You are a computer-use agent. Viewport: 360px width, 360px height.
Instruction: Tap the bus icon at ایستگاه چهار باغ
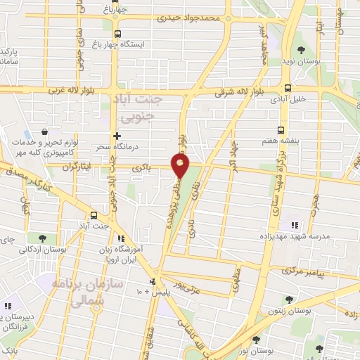(x=117, y=33)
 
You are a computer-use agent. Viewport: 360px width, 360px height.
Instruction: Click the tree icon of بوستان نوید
(x=302, y=49)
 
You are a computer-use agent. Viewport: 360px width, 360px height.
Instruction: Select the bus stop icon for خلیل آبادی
(x=288, y=88)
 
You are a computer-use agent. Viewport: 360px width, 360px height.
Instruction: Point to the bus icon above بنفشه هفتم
(x=281, y=130)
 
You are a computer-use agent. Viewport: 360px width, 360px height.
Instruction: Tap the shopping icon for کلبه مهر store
(x=44, y=131)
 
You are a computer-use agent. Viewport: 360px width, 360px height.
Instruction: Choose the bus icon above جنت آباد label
(x=94, y=215)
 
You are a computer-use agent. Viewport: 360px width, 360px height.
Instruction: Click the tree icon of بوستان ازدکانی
(x=44, y=238)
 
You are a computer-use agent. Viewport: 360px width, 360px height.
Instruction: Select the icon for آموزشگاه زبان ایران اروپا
(x=122, y=239)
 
